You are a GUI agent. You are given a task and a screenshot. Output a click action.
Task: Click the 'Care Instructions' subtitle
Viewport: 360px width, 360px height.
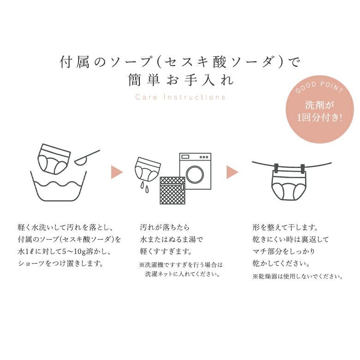180,97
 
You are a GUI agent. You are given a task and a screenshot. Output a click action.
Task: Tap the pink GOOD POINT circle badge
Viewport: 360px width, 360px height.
319,109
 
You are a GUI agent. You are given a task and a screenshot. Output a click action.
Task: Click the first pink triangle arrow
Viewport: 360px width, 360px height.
117,172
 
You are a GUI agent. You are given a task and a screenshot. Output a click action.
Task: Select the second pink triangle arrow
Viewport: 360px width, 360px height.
232,172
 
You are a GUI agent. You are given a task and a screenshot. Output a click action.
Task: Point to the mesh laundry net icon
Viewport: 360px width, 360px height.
173,190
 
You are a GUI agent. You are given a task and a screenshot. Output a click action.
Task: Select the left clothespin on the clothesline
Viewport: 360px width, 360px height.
276,168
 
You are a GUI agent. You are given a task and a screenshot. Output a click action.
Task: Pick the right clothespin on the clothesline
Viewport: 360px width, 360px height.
303,169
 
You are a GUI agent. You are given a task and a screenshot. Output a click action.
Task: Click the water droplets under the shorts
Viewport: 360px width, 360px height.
144,187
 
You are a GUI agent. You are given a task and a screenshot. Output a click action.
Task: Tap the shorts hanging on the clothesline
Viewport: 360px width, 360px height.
289,186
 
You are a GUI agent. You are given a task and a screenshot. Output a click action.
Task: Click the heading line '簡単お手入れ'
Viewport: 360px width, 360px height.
181,80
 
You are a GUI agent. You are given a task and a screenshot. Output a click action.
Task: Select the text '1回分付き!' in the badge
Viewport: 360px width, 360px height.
319,118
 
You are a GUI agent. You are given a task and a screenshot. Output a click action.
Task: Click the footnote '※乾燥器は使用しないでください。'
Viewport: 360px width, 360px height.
298,276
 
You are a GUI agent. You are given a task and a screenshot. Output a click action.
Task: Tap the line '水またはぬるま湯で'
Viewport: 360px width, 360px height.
171,240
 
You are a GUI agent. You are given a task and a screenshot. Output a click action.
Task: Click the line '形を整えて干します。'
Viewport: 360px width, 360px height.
285,228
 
